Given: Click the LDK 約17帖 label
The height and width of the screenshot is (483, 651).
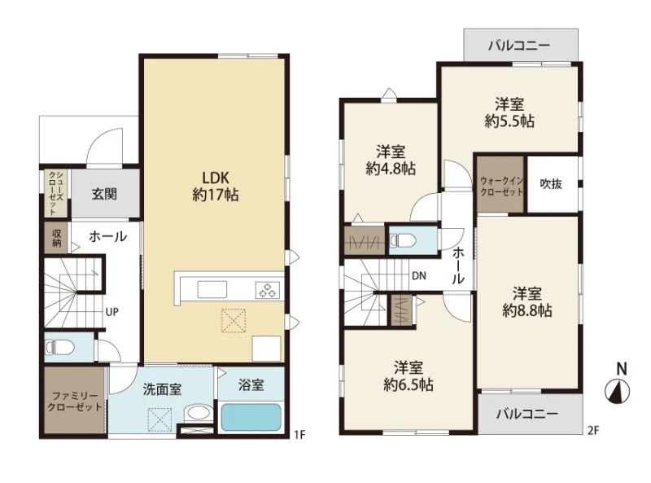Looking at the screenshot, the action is pos(216,187).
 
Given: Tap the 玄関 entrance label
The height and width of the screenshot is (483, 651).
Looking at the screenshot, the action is pos(104,194).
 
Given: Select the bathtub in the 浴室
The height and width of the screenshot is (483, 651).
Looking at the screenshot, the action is pos(251,417).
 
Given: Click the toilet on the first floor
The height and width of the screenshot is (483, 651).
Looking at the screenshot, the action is pos(60,347).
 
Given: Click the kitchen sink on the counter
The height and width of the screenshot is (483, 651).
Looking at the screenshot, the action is pos(212,290).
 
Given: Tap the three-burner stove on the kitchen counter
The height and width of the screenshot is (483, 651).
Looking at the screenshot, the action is pos(268,290).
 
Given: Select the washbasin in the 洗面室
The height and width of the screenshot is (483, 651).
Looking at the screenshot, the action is pos(198,414).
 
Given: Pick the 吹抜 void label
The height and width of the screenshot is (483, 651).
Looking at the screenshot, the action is pos(551,184).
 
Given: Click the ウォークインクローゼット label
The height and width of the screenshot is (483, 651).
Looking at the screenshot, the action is pos(501,187).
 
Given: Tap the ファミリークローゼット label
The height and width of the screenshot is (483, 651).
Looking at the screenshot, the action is pos(75,402).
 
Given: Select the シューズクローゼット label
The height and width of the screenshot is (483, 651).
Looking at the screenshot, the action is pos(55,192).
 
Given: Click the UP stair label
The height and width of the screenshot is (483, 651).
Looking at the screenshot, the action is pos(111,312).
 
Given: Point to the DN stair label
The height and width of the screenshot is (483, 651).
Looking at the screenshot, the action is pos(419,275).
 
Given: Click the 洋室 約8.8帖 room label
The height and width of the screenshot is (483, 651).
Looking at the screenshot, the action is pos(526,302).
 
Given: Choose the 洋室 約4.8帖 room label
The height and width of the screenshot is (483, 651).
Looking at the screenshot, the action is pos(391,160).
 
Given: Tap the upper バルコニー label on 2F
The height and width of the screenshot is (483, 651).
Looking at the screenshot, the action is pos(519,46).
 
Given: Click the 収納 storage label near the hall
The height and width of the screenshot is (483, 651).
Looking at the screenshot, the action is pos(57,238).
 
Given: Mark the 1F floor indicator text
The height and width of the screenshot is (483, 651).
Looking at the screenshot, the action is pos(299,435).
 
